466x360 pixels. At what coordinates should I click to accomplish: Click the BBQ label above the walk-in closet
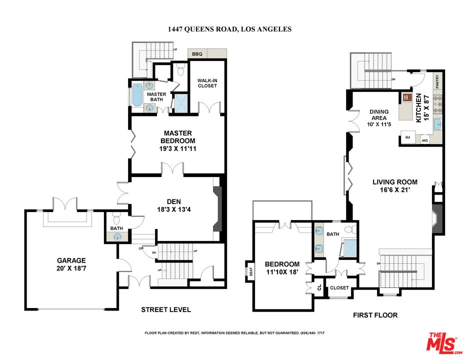197,54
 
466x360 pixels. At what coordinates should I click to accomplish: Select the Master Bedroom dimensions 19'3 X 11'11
177,148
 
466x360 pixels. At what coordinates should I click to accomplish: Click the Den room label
173,201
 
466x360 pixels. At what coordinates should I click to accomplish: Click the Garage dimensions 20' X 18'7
71,268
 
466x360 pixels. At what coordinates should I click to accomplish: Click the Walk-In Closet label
207,83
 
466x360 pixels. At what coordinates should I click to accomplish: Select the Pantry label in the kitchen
437,81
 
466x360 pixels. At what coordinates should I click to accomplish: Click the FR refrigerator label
407,137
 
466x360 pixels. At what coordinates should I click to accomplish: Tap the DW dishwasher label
425,140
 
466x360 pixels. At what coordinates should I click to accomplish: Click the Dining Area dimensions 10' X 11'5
379,124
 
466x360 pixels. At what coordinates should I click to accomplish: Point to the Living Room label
395,182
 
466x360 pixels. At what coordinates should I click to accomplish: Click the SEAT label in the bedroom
250,271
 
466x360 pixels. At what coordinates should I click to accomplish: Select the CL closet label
319,287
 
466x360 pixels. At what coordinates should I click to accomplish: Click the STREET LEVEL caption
166,309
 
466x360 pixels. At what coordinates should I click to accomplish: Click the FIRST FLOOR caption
375,315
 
